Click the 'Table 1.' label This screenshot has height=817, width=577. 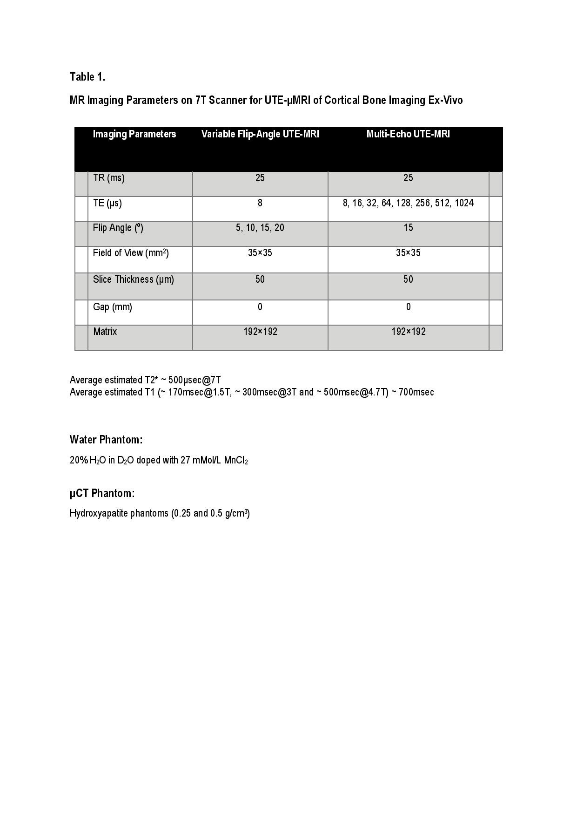tap(87, 77)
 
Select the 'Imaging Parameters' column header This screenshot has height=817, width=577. tap(134, 134)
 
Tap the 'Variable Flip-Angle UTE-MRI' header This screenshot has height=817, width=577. tap(260, 134)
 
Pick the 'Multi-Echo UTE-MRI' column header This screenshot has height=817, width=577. tap(408, 134)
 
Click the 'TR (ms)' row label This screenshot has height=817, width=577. tap(109, 178)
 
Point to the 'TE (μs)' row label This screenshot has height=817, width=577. tap(107, 203)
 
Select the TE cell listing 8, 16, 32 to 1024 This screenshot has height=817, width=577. tap(408, 203)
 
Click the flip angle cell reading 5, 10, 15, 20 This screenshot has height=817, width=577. tap(260, 228)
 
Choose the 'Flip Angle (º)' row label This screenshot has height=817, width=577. tap(118, 228)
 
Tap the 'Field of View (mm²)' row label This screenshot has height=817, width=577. tap(131, 253)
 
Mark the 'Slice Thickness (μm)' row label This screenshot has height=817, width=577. tap(134, 279)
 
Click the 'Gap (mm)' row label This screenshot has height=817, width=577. tap(113, 307)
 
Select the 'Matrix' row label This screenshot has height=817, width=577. tap(105, 332)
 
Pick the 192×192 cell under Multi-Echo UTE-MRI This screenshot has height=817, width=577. tap(408, 332)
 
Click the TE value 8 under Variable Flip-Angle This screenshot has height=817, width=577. tap(260, 203)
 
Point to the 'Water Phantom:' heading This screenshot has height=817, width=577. tap(106, 440)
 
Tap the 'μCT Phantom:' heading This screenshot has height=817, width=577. tap(102, 493)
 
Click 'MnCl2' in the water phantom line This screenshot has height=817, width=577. tap(236, 461)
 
